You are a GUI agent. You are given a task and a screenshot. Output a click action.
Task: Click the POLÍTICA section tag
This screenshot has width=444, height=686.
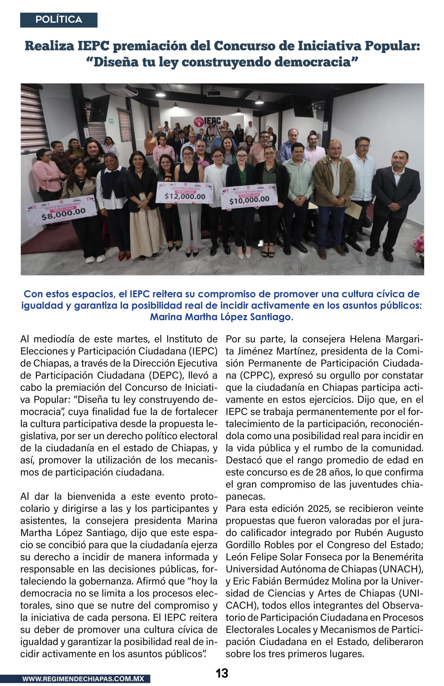pos(59,20)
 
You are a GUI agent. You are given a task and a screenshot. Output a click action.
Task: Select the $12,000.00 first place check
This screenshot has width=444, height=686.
pos(185,193)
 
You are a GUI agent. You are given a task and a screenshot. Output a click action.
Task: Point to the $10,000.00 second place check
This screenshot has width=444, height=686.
pos(249,196)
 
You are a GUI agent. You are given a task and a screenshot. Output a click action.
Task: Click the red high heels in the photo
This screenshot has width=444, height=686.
pos(125,256)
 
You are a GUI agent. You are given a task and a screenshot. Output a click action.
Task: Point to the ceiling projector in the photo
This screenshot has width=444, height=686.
pos(214,93)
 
